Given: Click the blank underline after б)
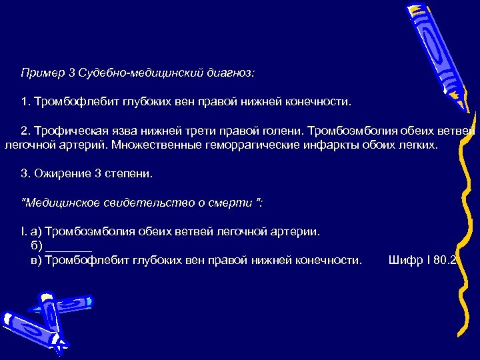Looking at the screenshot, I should point(71,247).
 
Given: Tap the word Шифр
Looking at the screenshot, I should point(403,260).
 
